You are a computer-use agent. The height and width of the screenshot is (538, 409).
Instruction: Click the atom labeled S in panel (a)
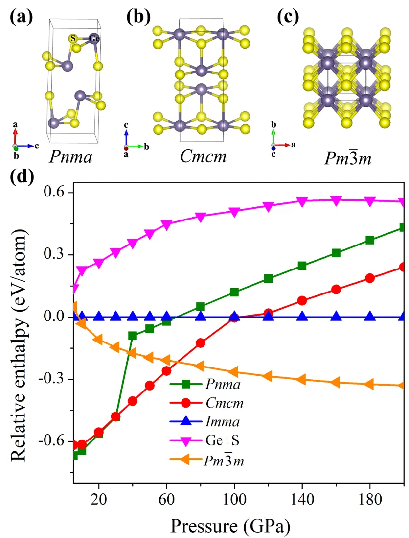point(73,38)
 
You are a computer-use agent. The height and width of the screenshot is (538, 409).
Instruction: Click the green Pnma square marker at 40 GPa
point(133,336)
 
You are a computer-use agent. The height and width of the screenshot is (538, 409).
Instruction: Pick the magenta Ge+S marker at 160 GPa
point(336,200)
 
